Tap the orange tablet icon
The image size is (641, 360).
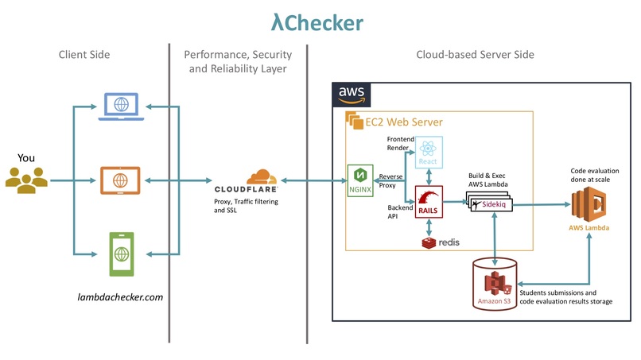pyautogui.click(x=121, y=180)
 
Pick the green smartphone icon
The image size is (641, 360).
pyautogui.click(x=121, y=253)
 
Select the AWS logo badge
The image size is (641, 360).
pyautogui.click(x=351, y=95)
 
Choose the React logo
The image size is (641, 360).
pyautogui.click(x=428, y=151)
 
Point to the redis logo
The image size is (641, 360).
pyautogui.click(x=441, y=242)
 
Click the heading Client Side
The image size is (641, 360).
pyautogui.click(x=84, y=55)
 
